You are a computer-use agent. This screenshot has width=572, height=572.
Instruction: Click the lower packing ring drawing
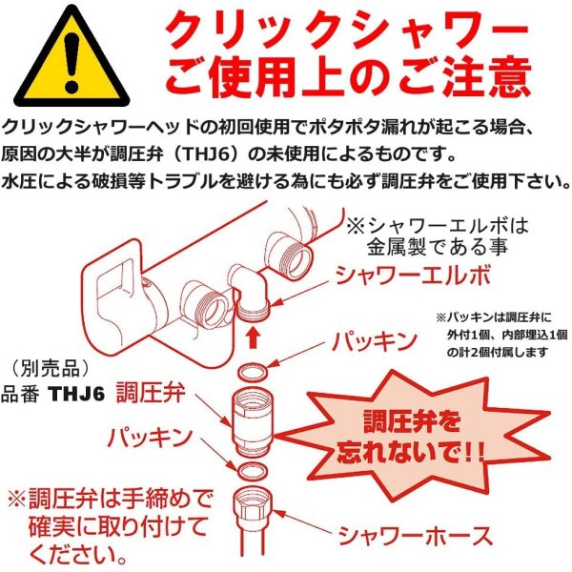coord(248,469)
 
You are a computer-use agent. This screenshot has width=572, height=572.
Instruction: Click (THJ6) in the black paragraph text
coord(228,153)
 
